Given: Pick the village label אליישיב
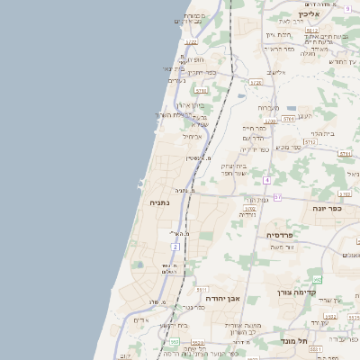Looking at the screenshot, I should [276, 72].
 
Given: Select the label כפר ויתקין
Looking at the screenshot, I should [200, 73].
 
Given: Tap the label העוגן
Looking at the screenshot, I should [303, 115].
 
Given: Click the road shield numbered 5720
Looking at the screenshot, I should [256, 83].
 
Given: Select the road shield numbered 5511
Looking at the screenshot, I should [202, 291].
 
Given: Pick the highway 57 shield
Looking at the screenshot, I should [277, 196].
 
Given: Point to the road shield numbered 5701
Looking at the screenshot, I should [289, 118].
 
